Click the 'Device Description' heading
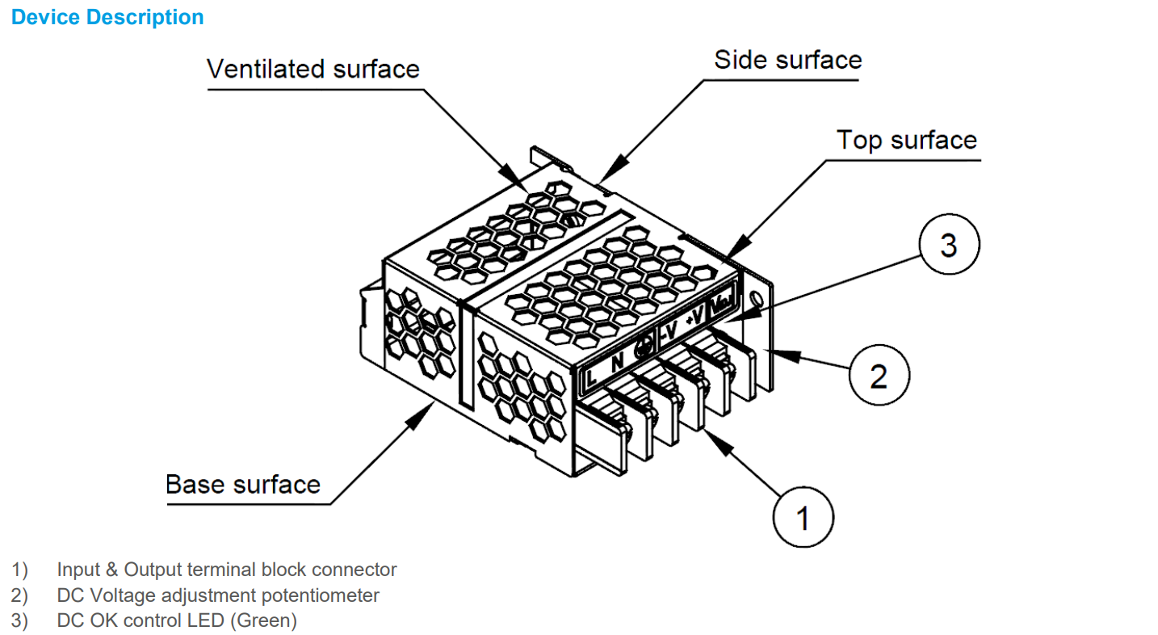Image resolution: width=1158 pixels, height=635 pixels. point(107,17)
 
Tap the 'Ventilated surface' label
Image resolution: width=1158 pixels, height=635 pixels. point(313,69)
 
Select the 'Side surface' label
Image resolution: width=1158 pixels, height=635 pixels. point(788,60)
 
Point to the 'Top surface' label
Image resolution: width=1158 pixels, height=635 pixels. point(906,140)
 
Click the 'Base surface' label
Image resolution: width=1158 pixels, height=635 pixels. point(243,484)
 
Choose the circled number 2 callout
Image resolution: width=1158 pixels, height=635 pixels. point(879,376)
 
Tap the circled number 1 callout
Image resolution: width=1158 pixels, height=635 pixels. point(803,518)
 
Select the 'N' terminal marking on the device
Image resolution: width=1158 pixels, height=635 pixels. point(617,362)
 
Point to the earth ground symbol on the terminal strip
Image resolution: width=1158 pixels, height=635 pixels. point(644,348)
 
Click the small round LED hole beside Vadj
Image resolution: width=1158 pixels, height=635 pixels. point(756,298)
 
